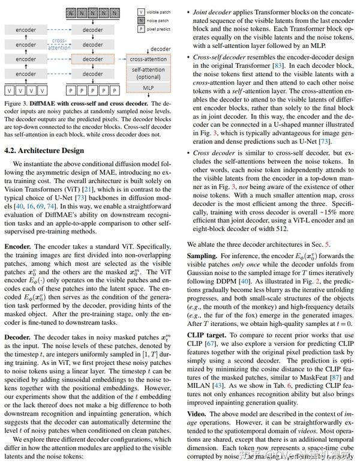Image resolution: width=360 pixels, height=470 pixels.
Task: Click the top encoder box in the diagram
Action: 26,29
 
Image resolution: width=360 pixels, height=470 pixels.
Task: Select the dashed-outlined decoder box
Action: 92,59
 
